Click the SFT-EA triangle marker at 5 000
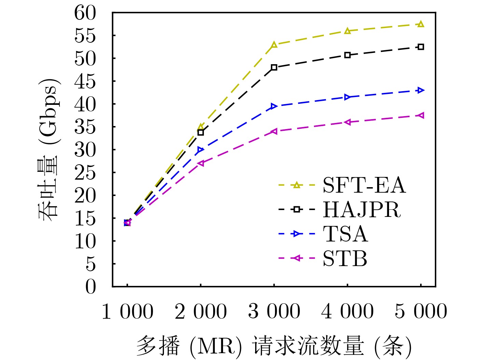pyautogui.click(x=421, y=24)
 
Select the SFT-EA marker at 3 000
pyautogui.click(x=274, y=45)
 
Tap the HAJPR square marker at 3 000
pyautogui.click(x=274, y=67)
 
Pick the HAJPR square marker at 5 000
pyautogui.click(x=421, y=47)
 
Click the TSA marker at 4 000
pyautogui.click(x=347, y=97)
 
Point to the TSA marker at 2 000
pyautogui.click(x=200, y=150)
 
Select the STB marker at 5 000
pyautogui.click(x=421, y=115)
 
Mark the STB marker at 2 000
pyautogui.click(x=200, y=163)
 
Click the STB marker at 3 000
pyautogui.click(x=274, y=131)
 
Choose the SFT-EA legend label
pyautogui.click(x=364, y=185)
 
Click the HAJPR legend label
pyautogui.click(x=362, y=209)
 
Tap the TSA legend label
pyautogui.click(x=345, y=234)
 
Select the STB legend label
pyautogui.click(x=345, y=259)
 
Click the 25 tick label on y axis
pyautogui.click(x=85, y=173)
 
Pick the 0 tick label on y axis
pyautogui.click(x=91, y=287)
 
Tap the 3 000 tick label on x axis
pyautogui.click(x=274, y=311)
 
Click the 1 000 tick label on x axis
pyautogui.click(x=127, y=311)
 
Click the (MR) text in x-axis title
pyautogui.click(x=216, y=346)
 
